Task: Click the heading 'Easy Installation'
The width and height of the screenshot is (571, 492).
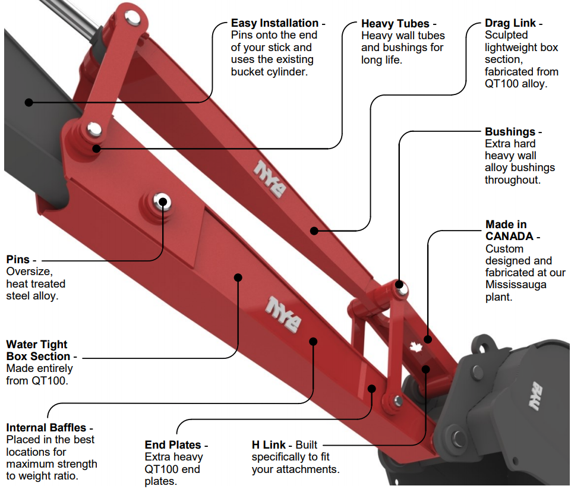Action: (x=275, y=23)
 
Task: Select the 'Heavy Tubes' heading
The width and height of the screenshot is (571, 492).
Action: (x=395, y=24)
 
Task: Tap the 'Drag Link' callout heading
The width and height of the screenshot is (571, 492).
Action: (x=510, y=23)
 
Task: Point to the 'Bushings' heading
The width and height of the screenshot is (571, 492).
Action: (x=510, y=132)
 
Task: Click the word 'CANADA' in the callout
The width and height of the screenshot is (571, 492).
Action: (x=509, y=236)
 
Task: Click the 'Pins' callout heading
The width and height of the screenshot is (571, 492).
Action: (x=18, y=260)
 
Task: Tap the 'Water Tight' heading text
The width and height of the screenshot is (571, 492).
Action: (x=37, y=345)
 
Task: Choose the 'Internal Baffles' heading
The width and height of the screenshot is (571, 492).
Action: (x=46, y=428)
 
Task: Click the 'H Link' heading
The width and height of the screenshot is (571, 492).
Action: (x=269, y=445)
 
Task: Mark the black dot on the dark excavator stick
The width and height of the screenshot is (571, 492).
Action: (x=29, y=102)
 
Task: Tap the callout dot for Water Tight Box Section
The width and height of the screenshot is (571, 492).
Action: (x=238, y=276)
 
